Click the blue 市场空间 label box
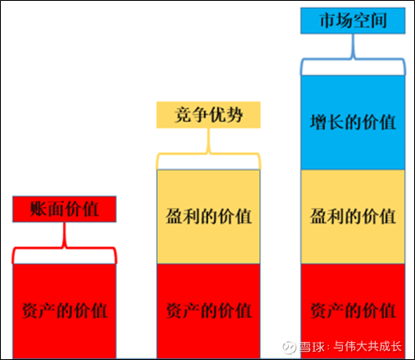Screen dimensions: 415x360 tap(353, 20)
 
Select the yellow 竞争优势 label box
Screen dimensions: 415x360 tap(209, 115)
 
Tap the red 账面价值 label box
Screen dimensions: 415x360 tap(65, 209)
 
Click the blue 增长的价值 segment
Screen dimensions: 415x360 tap(353, 123)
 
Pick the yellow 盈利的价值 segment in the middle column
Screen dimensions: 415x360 tap(209, 217)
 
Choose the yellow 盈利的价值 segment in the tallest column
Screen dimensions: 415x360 tap(353, 217)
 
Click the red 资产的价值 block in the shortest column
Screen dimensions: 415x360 tap(65, 311)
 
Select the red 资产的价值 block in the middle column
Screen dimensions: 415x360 tap(209, 311)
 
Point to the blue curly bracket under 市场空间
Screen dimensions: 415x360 tap(353, 58)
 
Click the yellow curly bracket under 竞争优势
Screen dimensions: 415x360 tap(209, 153)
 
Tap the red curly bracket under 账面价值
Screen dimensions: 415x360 tap(65, 247)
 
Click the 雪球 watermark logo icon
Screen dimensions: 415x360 tap(290, 347)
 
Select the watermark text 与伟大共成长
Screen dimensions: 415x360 tap(368, 347)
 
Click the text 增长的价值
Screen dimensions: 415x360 tap(353, 122)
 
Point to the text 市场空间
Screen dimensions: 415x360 tap(353, 20)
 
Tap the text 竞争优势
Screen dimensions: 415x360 tap(209, 115)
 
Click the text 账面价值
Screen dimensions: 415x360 tap(65, 209)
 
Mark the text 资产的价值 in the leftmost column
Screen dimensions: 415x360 tap(65, 311)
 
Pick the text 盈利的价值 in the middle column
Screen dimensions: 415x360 tap(209, 216)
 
